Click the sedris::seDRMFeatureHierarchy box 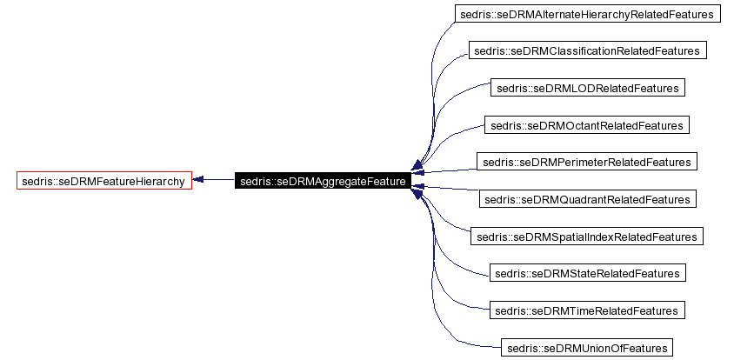click(x=104, y=181)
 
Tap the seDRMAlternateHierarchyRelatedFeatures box click(x=588, y=14)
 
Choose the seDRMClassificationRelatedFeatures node click(x=587, y=50)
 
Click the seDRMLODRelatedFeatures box click(x=587, y=88)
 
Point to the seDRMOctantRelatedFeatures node click(x=587, y=125)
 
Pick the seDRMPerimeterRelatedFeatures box click(x=587, y=162)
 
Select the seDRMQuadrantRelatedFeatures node click(x=587, y=199)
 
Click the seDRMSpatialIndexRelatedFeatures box click(x=587, y=237)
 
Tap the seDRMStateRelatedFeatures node click(x=587, y=273)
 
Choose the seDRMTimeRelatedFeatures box click(x=587, y=310)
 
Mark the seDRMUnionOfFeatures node click(x=587, y=348)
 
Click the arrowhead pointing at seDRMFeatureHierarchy click(x=198, y=180)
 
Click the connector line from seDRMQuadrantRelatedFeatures click(x=452, y=192)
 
